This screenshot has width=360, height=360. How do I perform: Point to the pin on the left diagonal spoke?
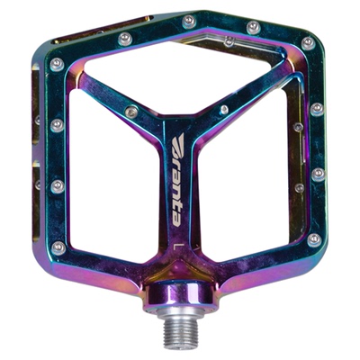[131, 112]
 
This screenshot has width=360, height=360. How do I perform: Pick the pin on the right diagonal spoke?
[224, 110]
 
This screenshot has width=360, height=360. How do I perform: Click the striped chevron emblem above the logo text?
[179, 142]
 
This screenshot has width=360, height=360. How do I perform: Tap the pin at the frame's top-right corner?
[308, 43]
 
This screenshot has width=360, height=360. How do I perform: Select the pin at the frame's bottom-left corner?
[58, 247]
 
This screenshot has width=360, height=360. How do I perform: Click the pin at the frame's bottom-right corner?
[314, 239]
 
